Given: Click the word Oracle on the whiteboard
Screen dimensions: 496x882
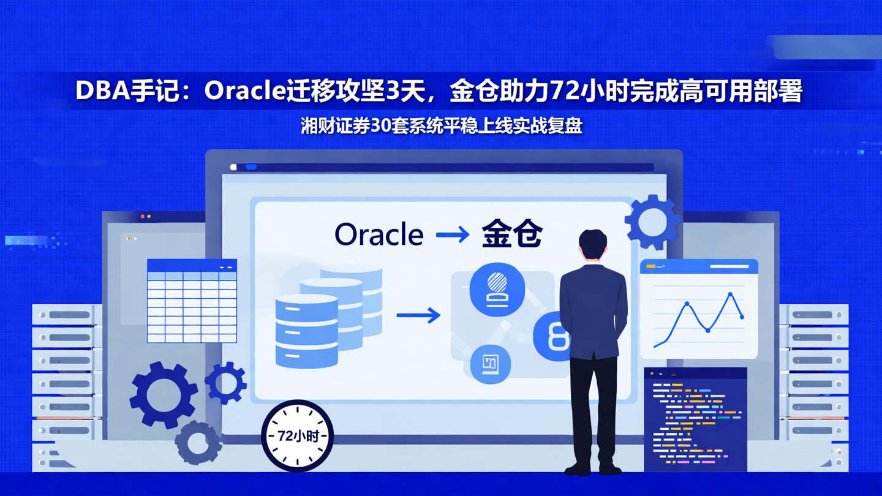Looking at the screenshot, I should [379, 235].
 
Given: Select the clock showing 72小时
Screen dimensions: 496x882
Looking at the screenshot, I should [298, 435].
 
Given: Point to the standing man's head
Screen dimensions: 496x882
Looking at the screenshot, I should [592, 246].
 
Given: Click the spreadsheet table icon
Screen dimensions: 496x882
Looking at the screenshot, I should [192, 301].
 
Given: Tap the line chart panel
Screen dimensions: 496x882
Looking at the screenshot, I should [699, 309].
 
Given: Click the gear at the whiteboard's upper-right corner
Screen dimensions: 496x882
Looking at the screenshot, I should [652, 222].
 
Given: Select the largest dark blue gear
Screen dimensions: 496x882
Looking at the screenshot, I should [163, 394].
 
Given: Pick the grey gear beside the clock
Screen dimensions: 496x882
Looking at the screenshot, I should [198, 442].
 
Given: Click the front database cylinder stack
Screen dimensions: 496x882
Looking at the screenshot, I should [306, 331].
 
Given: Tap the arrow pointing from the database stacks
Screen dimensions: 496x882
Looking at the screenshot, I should [418, 315].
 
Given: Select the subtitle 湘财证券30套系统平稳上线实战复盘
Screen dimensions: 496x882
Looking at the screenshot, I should [441, 126].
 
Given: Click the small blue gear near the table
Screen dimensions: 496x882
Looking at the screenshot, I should [225, 383].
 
